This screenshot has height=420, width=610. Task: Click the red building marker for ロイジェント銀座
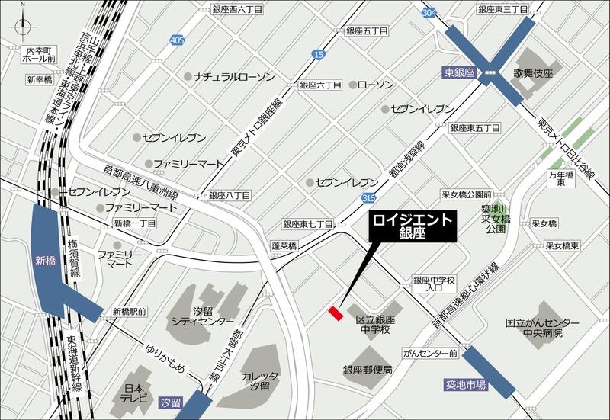pyautogui.click(x=335, y=313)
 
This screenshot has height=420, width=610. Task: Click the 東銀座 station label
pyautogui.click(x=459, y=73)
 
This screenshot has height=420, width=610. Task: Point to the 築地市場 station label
pyautogui.click(x=466, y=386)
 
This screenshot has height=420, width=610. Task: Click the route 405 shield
pyautogui.click(x=178, y=40)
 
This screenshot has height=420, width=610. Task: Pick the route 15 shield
pyautogui.click(x=318, y=54)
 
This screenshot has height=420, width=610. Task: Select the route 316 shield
pyautogui.click(x=369, y=198)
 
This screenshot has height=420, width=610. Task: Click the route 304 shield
pyautogui.click(x=430, y=12)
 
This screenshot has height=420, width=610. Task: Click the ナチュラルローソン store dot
pyautogui.click(x=188, y=76)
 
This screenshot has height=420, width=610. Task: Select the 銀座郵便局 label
pyautogui.click(x=367, y=370)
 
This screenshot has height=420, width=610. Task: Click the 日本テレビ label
pyautogui.click(x=133, y=395)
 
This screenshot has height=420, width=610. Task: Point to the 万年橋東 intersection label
pyautogui.click(x=560, y=179)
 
